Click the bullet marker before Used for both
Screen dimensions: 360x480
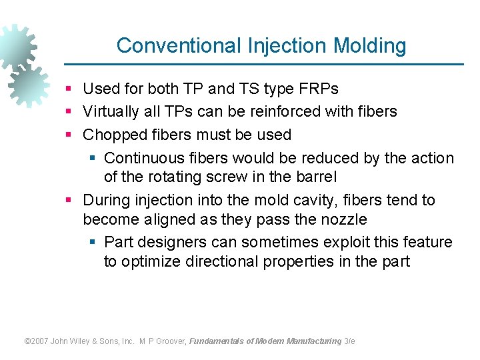click(x=69, y=89)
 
